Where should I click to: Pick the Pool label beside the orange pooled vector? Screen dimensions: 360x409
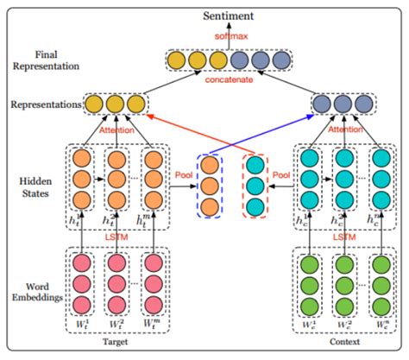coord(183,174)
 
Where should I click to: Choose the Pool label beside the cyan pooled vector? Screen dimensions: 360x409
coord(281,174)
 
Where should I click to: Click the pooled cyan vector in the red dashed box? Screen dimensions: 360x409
coord(255,186)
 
